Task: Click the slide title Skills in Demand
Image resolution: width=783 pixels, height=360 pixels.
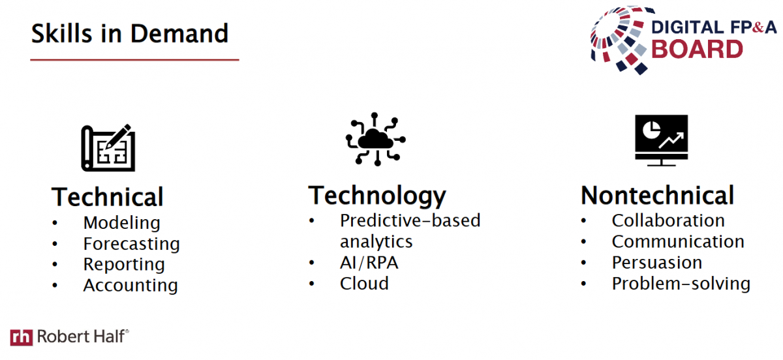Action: (130, 33)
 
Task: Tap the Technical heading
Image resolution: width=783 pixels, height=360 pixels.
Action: (107, 197)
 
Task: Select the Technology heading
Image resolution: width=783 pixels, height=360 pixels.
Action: (377, 196)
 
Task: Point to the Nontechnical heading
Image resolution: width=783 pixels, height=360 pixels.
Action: (657, 195)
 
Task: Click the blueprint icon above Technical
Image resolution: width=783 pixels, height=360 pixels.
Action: (108, 147)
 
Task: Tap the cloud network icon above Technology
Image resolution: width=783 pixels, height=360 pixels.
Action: (376, 139)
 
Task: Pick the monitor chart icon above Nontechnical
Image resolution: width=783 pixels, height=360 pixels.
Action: (662, 140)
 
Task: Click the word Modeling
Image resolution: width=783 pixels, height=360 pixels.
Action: (121, 223)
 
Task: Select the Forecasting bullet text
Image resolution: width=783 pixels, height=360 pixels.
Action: (131, 244)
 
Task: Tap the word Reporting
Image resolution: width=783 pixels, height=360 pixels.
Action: (124, 265)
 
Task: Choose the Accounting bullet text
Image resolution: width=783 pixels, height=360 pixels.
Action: (130, 285)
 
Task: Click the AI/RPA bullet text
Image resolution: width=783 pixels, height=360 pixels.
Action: (369, 263)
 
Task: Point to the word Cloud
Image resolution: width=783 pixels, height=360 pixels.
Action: (364, 284)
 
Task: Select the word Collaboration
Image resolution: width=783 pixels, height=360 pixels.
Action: (668, 220)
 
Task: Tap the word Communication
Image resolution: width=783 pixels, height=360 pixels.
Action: (678, 241)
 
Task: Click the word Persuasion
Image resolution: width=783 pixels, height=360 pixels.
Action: (657, 262)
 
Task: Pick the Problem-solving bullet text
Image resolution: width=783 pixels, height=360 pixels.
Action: (681, 284)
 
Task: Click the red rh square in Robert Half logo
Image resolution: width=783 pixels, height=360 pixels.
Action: (22, 337)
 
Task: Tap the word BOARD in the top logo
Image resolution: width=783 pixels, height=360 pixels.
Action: (698, 49)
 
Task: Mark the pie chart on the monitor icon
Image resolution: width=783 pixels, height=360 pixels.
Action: (652, 130)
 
